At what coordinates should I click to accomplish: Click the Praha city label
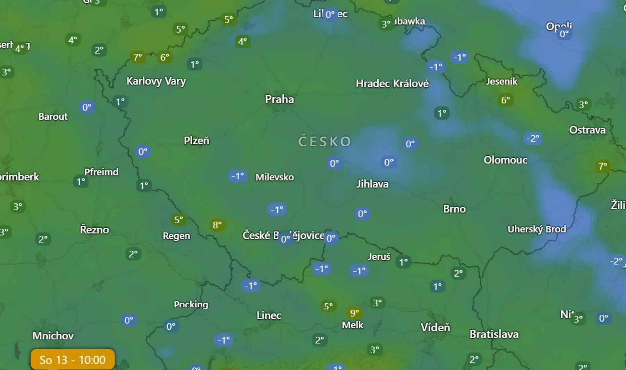point(279,99)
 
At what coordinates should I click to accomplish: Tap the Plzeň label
point(196,140)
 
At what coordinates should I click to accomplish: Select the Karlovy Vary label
point(156,81)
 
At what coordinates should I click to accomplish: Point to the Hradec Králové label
point(392,83)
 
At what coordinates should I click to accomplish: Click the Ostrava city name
point(587,130)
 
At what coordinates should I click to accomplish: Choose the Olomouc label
point(505,160)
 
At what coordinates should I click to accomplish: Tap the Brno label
point(454,209)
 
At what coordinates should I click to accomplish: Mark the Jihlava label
point(372,184)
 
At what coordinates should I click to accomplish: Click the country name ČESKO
point(324,142)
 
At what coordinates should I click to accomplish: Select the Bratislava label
point(494,334)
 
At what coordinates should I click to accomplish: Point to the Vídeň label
point(435,327)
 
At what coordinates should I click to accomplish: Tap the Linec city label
point(269,315)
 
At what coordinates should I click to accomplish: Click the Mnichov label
point(53,336)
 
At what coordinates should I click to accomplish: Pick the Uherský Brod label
point(537,229)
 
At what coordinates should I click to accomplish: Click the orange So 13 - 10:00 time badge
point(72,360)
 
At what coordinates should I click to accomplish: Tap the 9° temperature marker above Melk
point(354,313)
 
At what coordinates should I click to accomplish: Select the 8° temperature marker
point(217,225)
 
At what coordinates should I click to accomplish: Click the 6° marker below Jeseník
point(505,100)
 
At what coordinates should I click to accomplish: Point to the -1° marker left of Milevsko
point(238,176)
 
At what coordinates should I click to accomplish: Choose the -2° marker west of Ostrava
point(533,138)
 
